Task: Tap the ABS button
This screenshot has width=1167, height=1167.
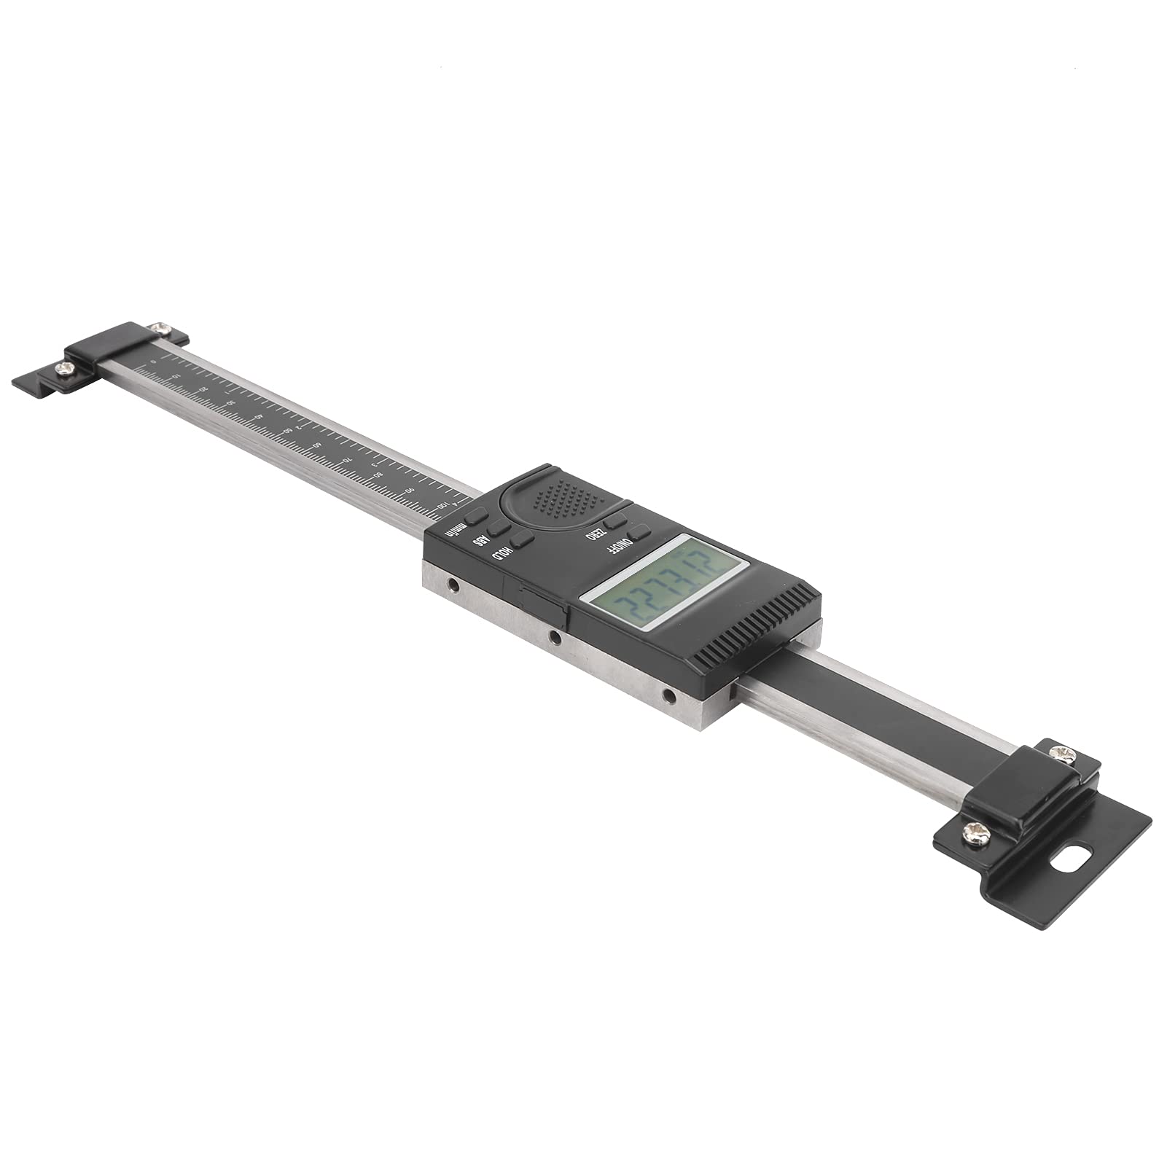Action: pyautogui.click(x=499, y=528)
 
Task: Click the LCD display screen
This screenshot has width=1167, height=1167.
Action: pyautogui.click(x=665, y=582)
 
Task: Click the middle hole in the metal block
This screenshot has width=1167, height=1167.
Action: pyautogui.click(x=555, y=637)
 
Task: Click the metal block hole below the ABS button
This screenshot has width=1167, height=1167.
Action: pyautogui.click(x=453, y=585)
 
